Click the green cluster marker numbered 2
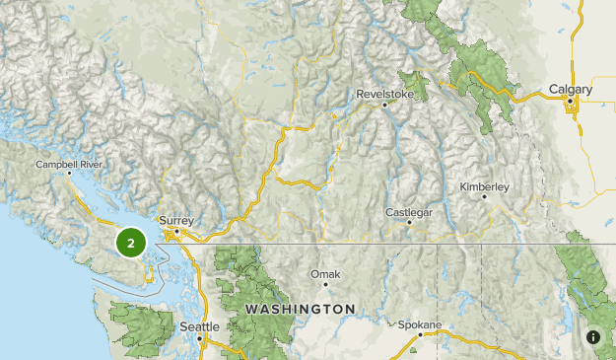[x=131, y=242]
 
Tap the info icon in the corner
[x=593, y=337]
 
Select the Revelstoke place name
[x=381, y=95]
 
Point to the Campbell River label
[x=68, y=164]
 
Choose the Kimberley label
[x=484, y=186]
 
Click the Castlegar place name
[x=408, y=212]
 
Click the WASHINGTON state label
[x=300, y=309]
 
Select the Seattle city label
[x=200, y=326]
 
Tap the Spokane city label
[x=421, y=324]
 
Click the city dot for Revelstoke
[x=383, y=105]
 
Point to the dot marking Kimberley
[x=485, y=196]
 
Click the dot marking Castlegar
[x=409, y=222]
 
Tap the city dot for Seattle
[x=200, y=337]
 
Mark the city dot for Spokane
[x=420, y=334]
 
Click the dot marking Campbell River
[x=69, y=174]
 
